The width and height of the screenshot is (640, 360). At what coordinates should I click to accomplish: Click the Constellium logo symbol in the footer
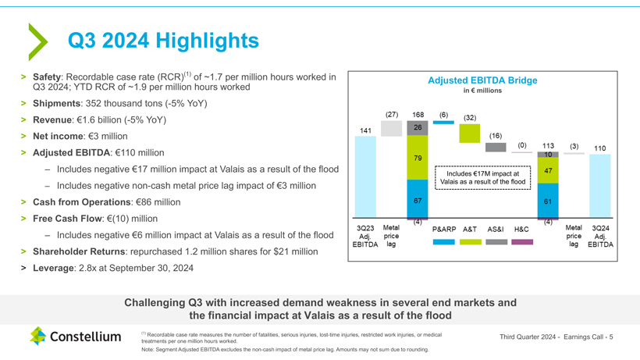tap(39, 337)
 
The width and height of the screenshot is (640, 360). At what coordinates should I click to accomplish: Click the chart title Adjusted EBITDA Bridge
tap(482, 80)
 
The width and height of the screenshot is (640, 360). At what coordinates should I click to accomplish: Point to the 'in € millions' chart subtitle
tap(482, 91)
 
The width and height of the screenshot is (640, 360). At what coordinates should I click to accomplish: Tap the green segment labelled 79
tap(418, 158)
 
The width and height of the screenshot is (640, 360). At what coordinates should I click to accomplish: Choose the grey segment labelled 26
tap(418, 128)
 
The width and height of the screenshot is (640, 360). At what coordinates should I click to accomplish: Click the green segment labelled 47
tap(549, 171)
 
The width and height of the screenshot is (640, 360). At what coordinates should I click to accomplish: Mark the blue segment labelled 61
tap(549, 201)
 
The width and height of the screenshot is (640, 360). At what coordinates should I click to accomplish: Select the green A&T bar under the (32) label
tap(470, 134)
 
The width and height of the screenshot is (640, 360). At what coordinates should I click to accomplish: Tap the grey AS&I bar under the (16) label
tap(496, 147)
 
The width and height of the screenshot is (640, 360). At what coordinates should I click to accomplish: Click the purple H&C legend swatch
tap(522, 242)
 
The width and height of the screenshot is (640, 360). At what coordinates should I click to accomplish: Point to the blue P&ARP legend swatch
tap(443, 242)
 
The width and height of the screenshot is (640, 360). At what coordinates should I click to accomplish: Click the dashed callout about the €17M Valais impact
tap(482, 177)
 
